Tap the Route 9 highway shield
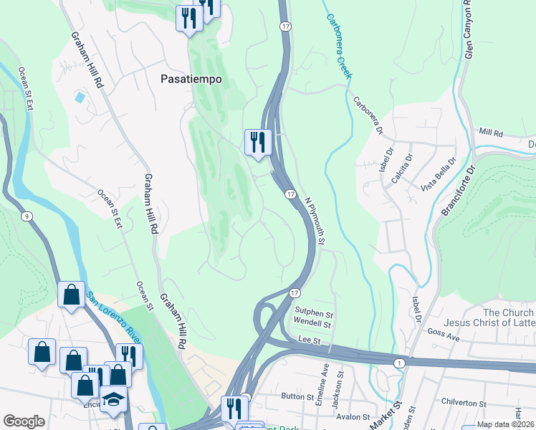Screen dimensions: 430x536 click(x=26, y=216)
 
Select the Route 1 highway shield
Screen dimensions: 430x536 click(x=399, y=364)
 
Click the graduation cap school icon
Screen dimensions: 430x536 click(x=113, y=398)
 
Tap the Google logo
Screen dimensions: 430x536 click(x=24, y=421)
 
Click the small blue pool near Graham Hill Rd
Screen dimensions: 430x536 click(x=80, y=96)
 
